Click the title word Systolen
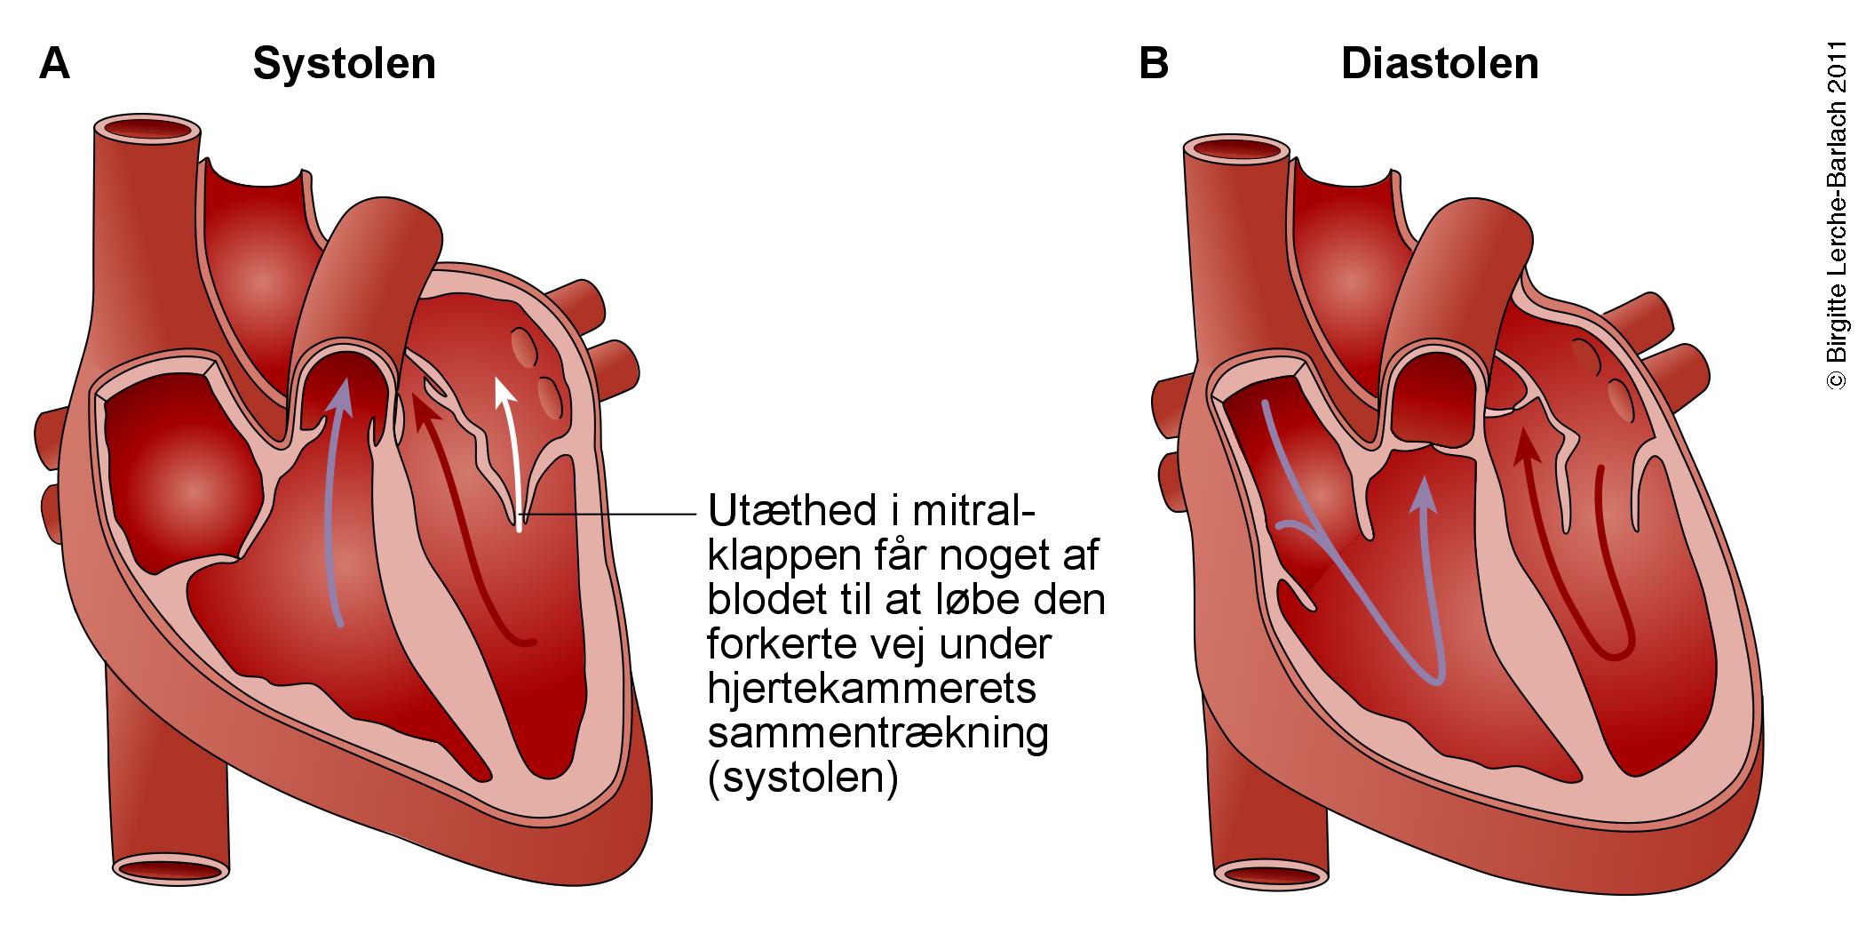tap(344, 64)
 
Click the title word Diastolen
tap(1440, 64)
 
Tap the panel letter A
tap(55, 64)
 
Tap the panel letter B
tap(1154, 64)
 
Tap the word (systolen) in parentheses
tap(802, 778)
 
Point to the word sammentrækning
tap(877, 734)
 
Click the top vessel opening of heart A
tap(147, 130)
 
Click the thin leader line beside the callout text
tap(613, 514)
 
